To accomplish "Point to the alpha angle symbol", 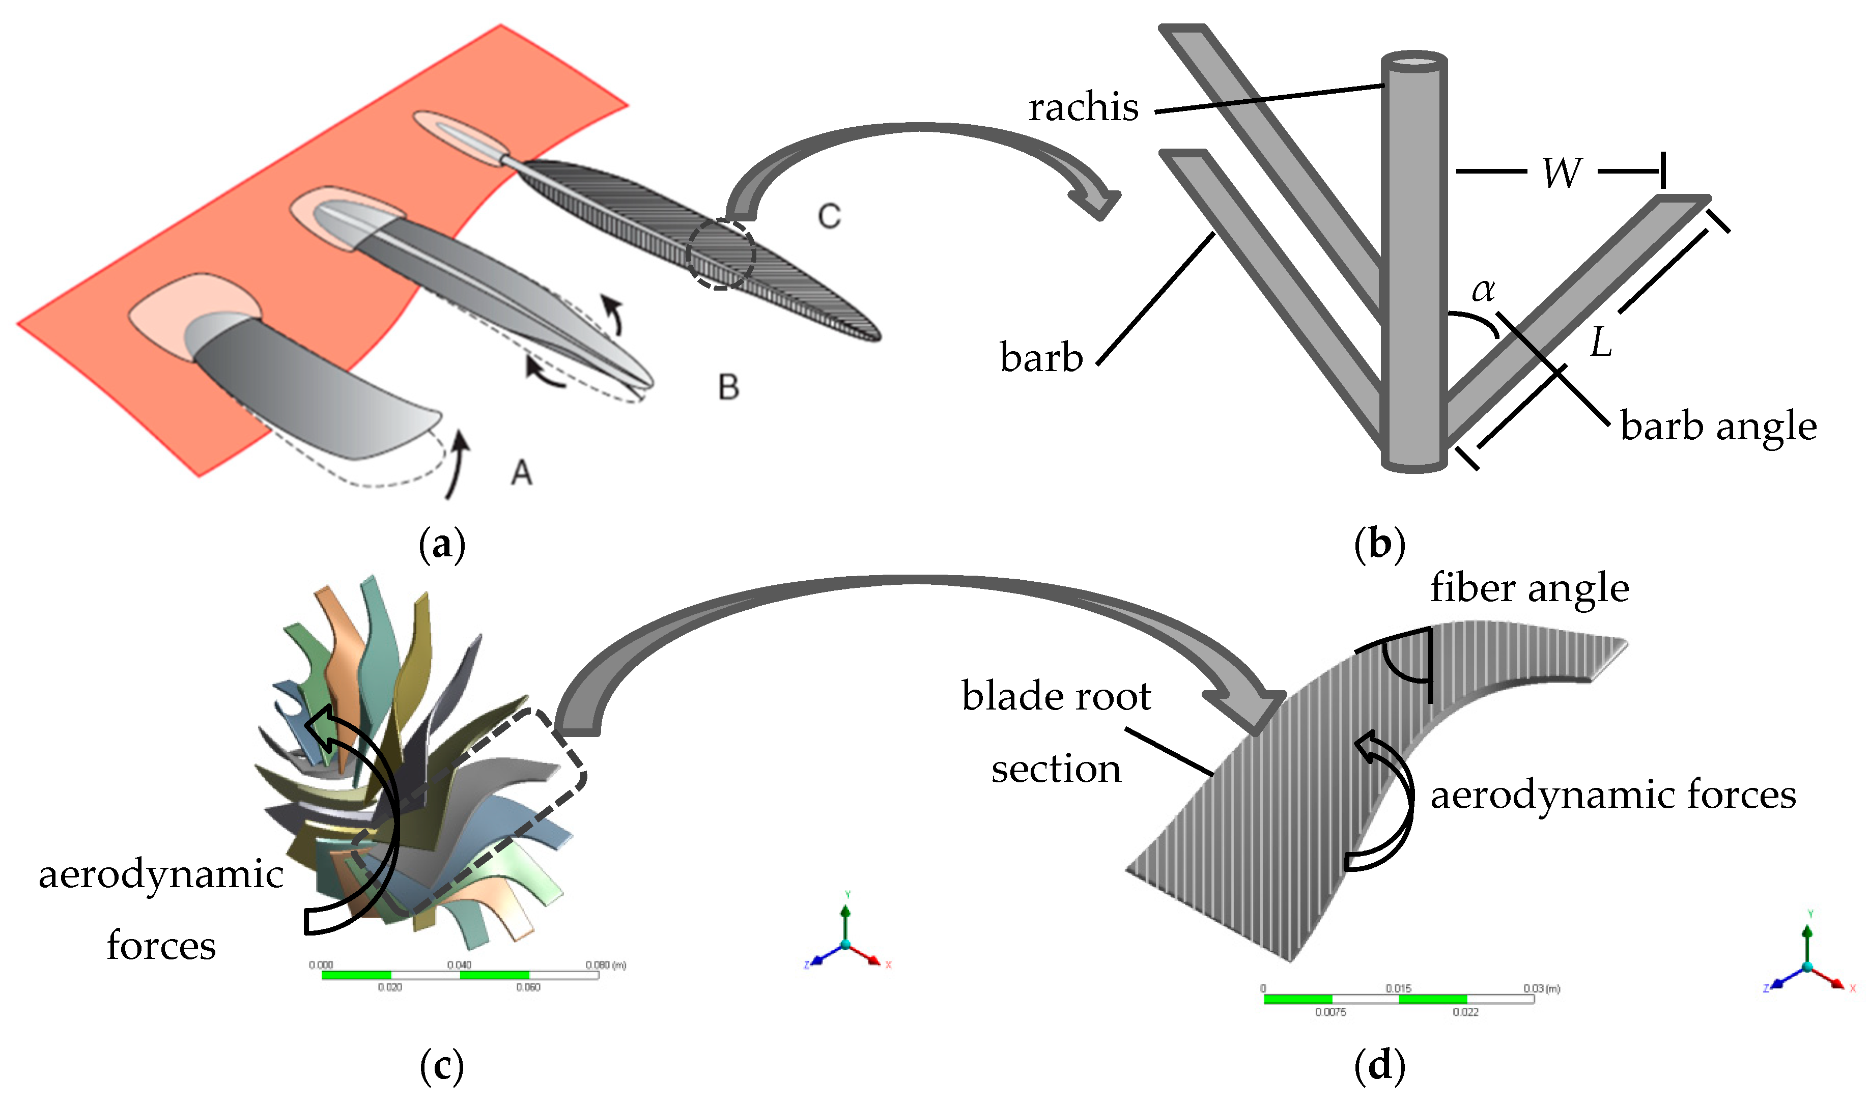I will pyautogui.click(x=1483, y=290).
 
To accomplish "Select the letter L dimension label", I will pyautogui.click(x=1600, y=343).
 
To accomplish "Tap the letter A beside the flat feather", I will pyautogui.click(x=521, y=473).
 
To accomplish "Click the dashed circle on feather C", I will pyautogui.click(x=720, y=254).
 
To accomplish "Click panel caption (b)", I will pyautogui.click(x=1379, y=544).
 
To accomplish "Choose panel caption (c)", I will pyautogui.click(x=442, y=1066).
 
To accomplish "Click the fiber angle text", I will pyautogui.click(x=1528, y=588).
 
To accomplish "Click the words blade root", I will pyautogui.click(x=1055, y=696).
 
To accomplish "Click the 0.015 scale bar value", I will pyautogui.click(x=1398, y=988).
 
